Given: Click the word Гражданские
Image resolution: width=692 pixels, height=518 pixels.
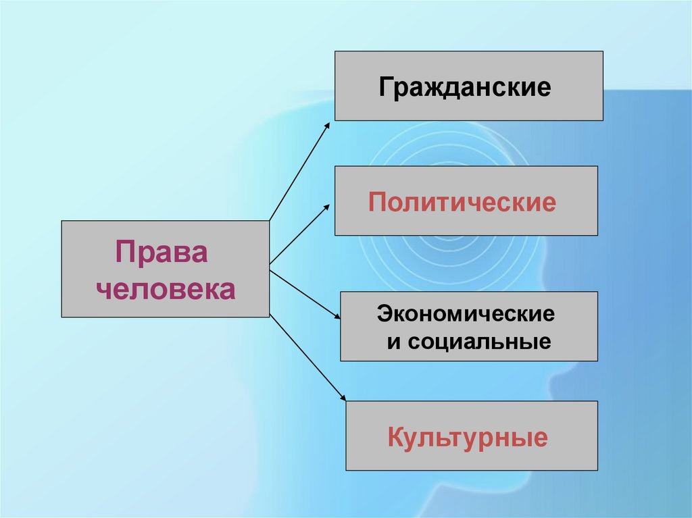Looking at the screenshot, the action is tap(465, 88).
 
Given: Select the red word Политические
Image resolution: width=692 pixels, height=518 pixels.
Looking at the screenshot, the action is tap(462, 202).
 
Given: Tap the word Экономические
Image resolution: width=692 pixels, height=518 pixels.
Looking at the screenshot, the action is tap(466, 314).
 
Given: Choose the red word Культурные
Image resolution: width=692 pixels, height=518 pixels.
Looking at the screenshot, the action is tap(467, 438).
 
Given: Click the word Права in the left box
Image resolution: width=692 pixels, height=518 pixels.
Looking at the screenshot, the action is tap(162, 254).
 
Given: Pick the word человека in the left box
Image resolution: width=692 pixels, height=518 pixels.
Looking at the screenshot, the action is tap(166, 289).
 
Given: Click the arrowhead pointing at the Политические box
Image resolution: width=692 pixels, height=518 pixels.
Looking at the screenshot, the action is tap(328, 207).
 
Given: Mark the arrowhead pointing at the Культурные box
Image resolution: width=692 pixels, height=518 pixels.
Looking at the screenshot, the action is tap(341, 400).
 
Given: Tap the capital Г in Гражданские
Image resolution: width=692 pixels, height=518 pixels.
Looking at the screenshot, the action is tap(386, 88).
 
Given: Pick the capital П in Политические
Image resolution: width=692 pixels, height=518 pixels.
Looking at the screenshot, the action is tap(376, 202).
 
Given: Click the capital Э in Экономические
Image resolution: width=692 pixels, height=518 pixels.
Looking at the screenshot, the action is tap(384, 314).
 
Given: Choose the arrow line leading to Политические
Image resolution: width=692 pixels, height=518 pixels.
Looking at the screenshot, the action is tap(299, 235).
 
